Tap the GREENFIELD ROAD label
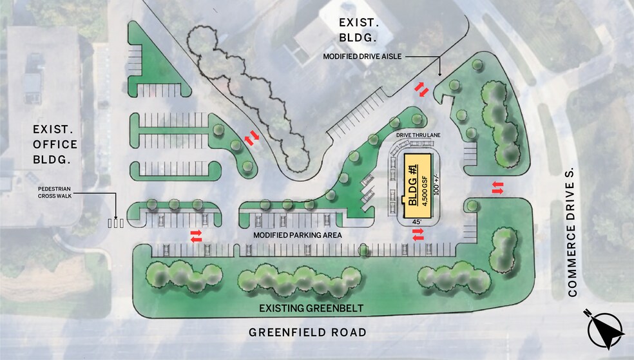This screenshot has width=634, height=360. pyautogui.click(x=308, y=332)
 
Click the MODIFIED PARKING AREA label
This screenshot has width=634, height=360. pyautogui.click(x=297, y=235)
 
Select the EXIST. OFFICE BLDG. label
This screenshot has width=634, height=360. pyautogui.click(x=55, y=144)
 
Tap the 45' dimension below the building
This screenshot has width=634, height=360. pyautogui.click(x=417, y=222)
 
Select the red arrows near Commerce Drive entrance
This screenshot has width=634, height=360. pyautogui.click(x=498, y=187)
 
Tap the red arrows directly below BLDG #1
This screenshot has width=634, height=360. pyautogui.click(x=419, y=237)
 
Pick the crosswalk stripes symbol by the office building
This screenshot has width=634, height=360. pyautogui.click(x=116, y=223)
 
